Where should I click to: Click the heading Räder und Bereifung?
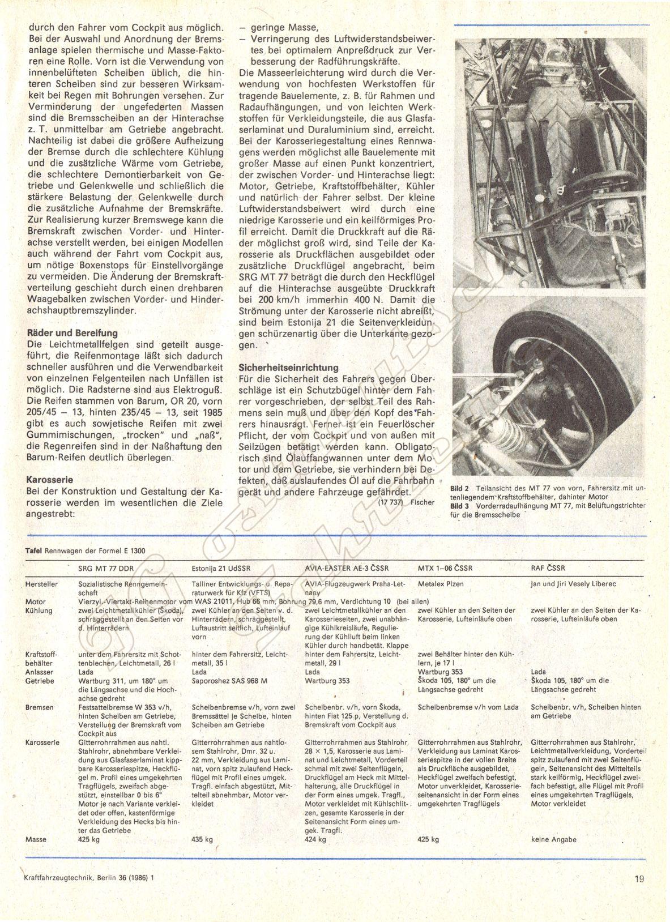coord(72,333)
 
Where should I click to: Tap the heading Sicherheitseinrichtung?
coord(288,367)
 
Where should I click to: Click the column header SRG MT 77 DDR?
coord(105,567)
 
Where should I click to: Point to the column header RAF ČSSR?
coord(548,567)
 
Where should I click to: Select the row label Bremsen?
coord(39,707)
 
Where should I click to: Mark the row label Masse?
coord(35,839)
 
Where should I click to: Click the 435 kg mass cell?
coord(202,839)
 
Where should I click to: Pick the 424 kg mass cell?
coord(315,839)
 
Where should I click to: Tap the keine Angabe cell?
coord(554,839)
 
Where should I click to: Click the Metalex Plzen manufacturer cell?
coord(440,583)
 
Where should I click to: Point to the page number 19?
coord(640,880)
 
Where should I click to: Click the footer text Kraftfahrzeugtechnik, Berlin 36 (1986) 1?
coord(89,880)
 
